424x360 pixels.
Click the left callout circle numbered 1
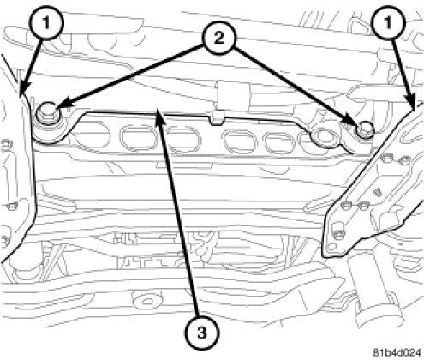(46, 22)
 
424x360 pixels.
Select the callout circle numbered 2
(218, 38)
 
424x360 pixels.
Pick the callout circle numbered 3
(202, 333)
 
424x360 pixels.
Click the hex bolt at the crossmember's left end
(47, 114)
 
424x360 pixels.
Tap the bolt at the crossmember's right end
(364, 130)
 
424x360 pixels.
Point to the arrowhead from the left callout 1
(22, 88)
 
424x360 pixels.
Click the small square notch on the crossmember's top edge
(216, 118)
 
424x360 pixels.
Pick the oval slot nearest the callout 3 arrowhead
(136, 138)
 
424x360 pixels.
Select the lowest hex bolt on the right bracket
(338, 234)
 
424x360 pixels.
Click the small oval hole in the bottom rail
(147, 301)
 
